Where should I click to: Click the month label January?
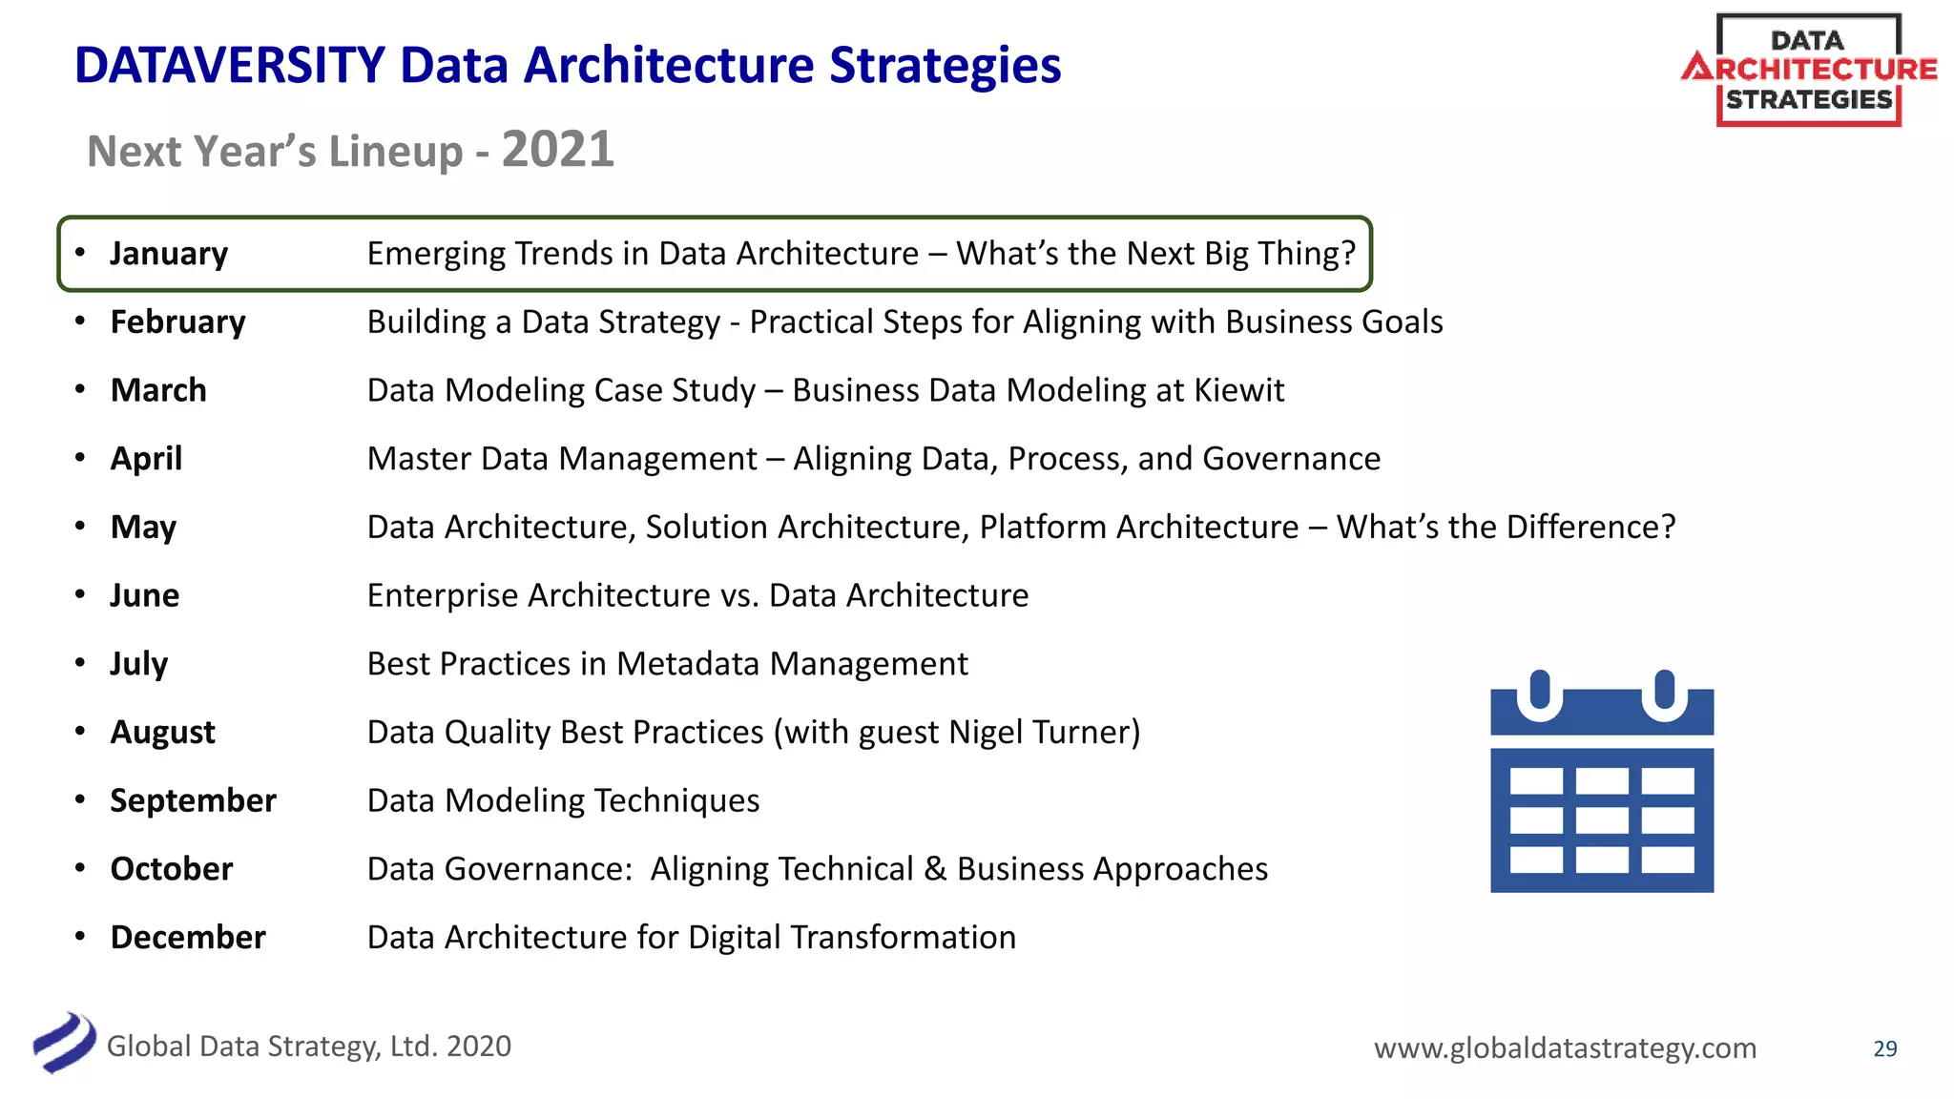coord(169,254)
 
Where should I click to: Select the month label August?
coord(162,733)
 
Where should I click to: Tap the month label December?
coord(187,938)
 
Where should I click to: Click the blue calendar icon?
coord(1601,782)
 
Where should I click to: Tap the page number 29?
coord(1884,1048)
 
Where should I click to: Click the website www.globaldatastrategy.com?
coord(1564,1048)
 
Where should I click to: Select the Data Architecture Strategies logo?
coord(1808,70)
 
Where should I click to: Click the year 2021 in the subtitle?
coord(557,150)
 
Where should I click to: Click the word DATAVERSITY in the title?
coord(229,66)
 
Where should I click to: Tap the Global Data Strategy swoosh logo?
coord(64,1043)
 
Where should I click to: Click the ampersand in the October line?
coord(934,869)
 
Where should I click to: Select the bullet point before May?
coord(81,527)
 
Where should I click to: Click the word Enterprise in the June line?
coord(443,596)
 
